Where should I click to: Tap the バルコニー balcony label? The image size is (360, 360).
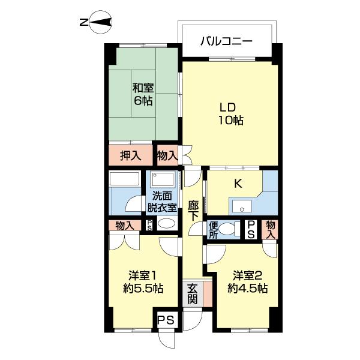(226, 42)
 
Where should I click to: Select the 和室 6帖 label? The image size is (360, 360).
(143, 94)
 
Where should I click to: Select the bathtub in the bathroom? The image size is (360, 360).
(125, 180)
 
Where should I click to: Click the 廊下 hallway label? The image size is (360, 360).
(193, 211)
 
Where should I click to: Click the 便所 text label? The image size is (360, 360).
(212, 230)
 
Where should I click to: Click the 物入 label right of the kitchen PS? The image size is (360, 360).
(271, 229)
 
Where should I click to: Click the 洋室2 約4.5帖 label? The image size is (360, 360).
(247, 282)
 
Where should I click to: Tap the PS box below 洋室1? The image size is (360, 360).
(166, 320)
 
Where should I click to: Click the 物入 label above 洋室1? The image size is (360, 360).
(125, 226)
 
